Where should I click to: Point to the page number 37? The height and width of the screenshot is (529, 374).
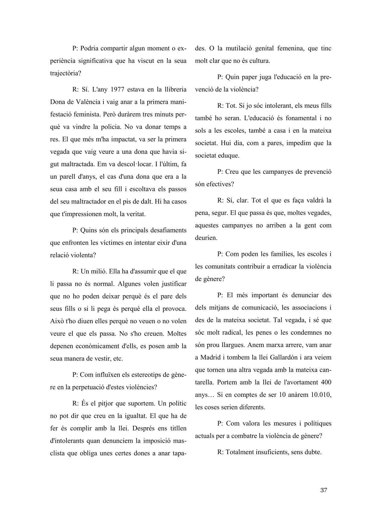pyautogui.click(x=324, y=490)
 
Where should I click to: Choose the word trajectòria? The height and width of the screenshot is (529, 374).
pyautogui.click(x=63, y=73)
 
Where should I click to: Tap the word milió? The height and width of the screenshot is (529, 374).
pyautogui.click(x=96, y=271)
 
